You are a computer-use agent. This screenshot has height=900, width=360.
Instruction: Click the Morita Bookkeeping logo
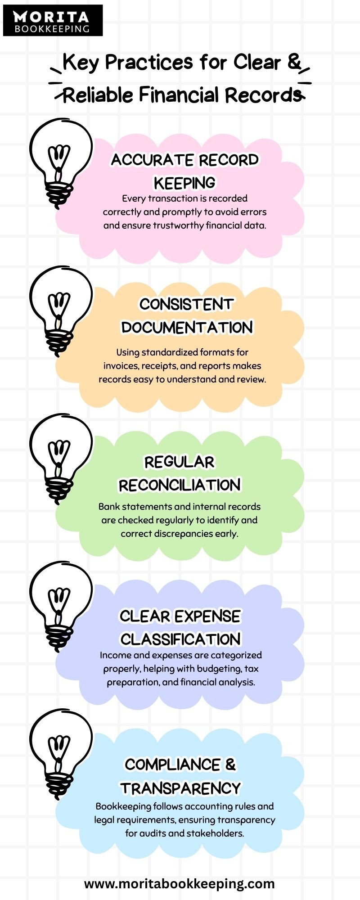click(53, 21)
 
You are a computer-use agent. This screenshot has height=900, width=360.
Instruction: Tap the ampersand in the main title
click(294, 62)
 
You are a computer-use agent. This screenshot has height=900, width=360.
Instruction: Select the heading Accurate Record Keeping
click(184, 171)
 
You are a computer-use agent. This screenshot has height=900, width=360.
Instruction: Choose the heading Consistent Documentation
click(187, 315)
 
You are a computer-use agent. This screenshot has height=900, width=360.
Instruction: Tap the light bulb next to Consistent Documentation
click(60, 310)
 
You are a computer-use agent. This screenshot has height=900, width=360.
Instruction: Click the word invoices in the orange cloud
click(121, 366)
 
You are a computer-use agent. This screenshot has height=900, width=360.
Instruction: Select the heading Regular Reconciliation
click(180, 473)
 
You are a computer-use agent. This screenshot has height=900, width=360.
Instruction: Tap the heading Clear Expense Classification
click(180, 627)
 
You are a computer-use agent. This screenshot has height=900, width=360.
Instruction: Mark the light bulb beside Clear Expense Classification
click(60, 606)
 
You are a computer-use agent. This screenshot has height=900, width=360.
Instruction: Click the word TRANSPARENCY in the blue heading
click(180, 788)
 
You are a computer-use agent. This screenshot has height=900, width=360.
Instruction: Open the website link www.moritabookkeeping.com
click(179, 884)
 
